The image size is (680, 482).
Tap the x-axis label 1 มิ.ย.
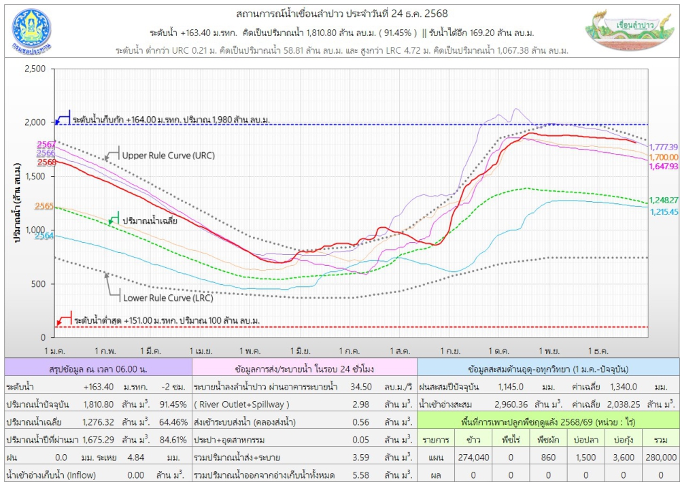click(x=300, y=351)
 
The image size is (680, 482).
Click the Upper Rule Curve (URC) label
click(x=168, y=156)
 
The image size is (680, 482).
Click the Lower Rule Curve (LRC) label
click(x=168, y=298)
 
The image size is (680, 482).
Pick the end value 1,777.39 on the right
click(x=664, y=148)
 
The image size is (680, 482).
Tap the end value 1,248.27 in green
click(x=664, y=201)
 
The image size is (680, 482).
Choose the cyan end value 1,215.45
click(x=664, y=212)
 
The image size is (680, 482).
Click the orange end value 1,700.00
click(x=664, y=157)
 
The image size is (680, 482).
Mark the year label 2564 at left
click(x=45, y=236)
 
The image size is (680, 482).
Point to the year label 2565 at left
click(x=45, y=206)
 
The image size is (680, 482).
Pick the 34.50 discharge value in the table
click(x=359, y=387)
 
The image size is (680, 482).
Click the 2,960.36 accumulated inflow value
click(x=514, y=404)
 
